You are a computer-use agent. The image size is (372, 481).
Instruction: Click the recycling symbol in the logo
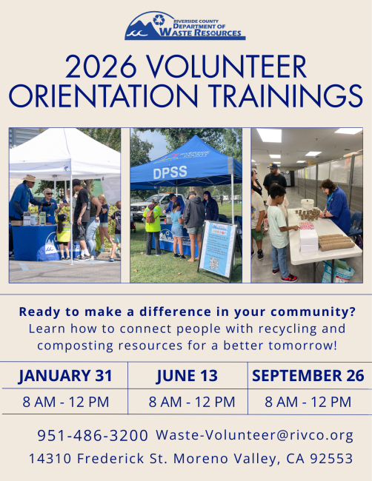[x=159, y=20]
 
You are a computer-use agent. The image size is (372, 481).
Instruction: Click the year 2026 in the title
[x=101, y=67]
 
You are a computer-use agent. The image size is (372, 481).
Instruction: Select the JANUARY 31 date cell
[x=65, y=376]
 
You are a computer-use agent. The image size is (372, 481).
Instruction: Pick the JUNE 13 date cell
[x=187, y=376]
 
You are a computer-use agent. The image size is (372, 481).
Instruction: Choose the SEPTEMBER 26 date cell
[x=308, y=376]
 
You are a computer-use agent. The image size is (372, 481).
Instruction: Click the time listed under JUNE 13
[x=192, y=402]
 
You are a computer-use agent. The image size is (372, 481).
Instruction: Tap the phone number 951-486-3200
[x=93, y=435]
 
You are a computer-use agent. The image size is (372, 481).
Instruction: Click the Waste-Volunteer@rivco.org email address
[x=255, y=435]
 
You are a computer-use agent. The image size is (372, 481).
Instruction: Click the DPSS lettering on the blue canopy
[x=170, y=172]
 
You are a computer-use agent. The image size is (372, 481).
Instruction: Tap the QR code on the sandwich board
[x=214, y=264]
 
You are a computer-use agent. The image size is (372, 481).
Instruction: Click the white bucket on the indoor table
[x=308, y=204]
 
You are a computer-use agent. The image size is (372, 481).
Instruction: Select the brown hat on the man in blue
[x=30, y=178]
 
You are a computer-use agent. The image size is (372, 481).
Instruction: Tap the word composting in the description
[x=76, y=346]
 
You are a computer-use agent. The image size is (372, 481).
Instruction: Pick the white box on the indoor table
[x=309, y=240]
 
